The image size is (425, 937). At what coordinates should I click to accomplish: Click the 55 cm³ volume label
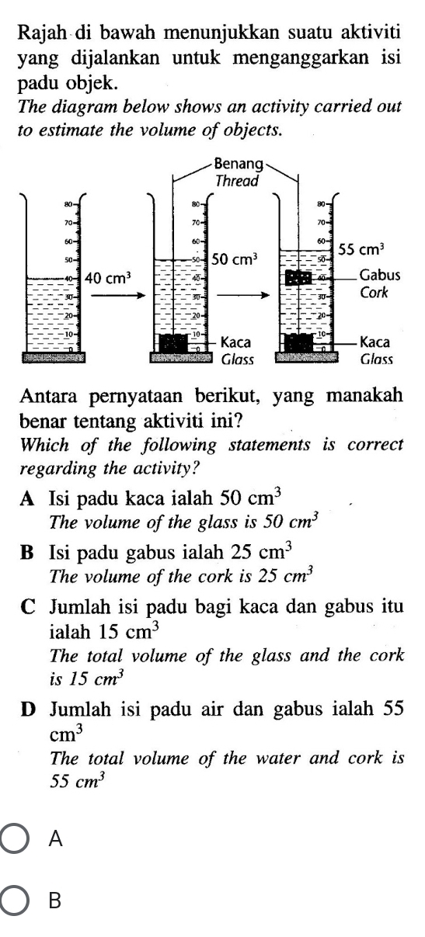[x=364, y=250]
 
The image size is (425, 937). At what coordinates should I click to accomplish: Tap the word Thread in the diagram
[x=237, y=180]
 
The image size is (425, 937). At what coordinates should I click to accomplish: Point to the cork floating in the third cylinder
[x=298, y=277]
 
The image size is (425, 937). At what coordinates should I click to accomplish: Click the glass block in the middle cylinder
[x=172, y=342]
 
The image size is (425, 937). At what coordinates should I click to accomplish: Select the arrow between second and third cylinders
[x=242, y=295]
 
